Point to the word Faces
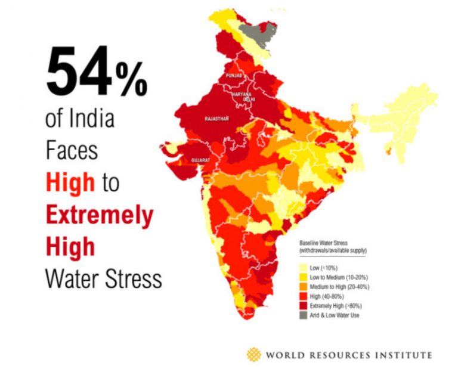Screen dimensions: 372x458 tap(72, 151)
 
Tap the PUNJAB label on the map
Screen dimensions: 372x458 tap(234, 77)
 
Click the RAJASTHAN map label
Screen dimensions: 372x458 tap(217, 119)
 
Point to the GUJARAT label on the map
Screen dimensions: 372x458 tap(200, 160)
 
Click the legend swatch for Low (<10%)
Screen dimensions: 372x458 tap(304, 268)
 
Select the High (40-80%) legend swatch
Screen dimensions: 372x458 tap(304, 296)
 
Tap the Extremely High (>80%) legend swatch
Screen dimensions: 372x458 tap(304, 305)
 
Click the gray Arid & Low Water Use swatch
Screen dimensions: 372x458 tap(304, 314)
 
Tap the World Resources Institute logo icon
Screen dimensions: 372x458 tap(253, 355)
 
